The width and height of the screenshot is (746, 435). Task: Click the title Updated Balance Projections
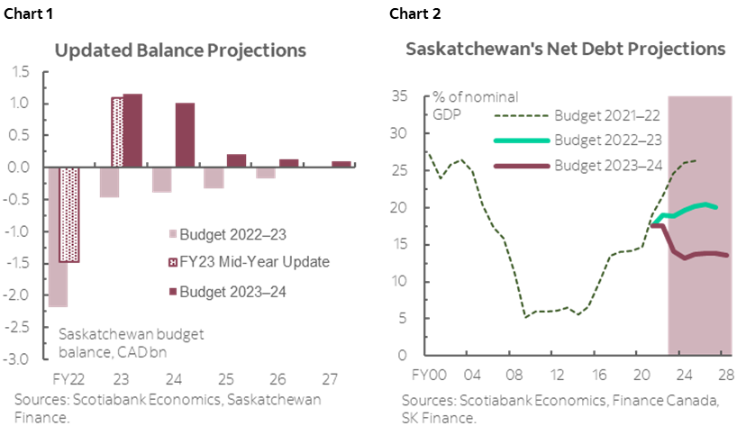click(x=180, y=50)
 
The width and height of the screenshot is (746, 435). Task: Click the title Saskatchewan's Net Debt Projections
click(x=566, y=50)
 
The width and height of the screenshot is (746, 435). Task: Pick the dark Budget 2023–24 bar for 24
click(x=185, y=135)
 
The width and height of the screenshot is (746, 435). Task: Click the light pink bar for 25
click(x=214, y=178)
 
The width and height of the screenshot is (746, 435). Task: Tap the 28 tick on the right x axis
click(x=724, y=374)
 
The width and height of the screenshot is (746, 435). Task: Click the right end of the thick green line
click(x=716, y=207)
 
